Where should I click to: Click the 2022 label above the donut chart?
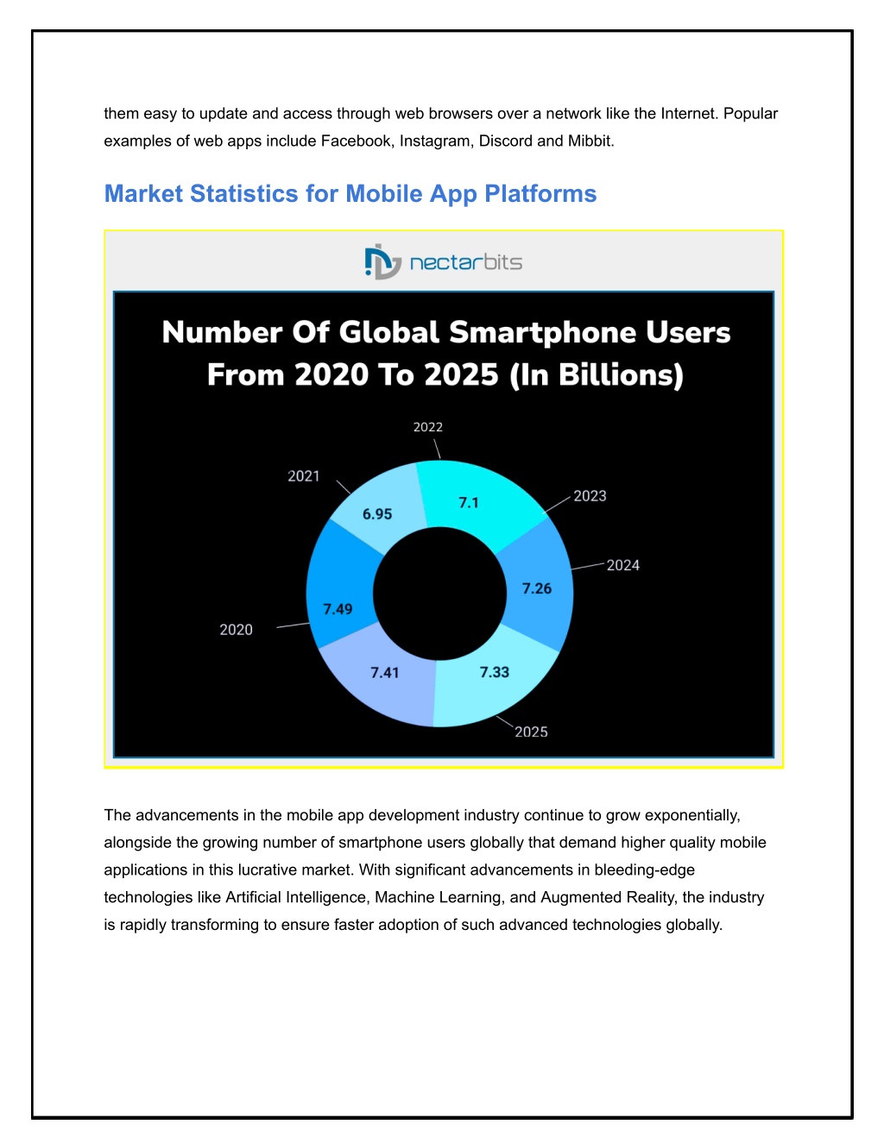coord(428,427)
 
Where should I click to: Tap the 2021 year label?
coord(304,476)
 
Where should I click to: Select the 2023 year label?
coord(590,496)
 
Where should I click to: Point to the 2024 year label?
coord(623,565)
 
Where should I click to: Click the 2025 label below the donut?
coord(531,732)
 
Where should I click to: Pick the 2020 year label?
coord(236,630)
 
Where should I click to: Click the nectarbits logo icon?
coord(382,261)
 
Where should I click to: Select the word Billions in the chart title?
coord(621,375)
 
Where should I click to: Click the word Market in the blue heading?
coord(143,193)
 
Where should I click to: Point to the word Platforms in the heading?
coord(540,193)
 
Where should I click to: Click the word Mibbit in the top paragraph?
coord(590,141)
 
